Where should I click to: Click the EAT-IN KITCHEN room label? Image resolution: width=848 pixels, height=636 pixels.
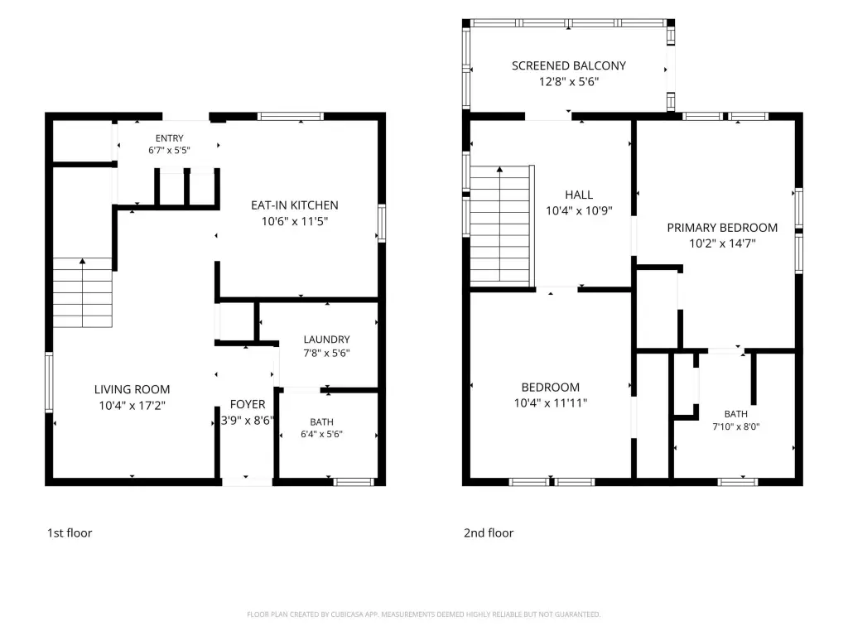tap(294, 205)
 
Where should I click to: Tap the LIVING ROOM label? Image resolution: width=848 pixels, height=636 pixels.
tap(132, 389)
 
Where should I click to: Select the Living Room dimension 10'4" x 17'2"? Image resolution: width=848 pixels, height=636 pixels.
tap(132, 405)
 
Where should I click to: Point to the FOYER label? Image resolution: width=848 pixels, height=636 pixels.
tap(247, 404)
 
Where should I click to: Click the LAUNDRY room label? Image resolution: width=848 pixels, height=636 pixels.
tap(326, 340)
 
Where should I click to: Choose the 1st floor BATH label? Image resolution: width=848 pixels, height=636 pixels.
tap(322, 422)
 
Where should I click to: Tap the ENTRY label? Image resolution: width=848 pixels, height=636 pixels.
tap(169, 138)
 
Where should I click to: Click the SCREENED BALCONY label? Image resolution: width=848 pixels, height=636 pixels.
tap(569, 66)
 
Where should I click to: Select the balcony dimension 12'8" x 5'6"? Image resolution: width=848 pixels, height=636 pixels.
tap(569, 82)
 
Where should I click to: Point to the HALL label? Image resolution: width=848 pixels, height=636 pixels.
tap(579, 195)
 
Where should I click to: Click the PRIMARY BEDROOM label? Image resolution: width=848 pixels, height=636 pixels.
tap(722, 228)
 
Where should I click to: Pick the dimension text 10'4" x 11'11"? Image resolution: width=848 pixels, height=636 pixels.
tap(551, 403)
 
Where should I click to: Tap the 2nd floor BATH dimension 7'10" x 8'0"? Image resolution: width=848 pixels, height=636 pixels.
tap(736, 426)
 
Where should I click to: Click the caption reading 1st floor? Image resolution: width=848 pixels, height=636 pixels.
tap(70, 533)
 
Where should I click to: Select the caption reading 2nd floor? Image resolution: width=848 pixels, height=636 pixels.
tap(489, 533)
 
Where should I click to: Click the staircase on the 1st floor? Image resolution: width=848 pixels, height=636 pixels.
tap(82, 292)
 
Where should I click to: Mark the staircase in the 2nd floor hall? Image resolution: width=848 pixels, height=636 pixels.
tap(501, 225)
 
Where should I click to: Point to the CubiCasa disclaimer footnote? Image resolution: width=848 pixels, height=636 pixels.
tap(423, 614)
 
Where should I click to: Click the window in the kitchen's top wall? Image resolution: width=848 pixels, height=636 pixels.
tap(291, 116)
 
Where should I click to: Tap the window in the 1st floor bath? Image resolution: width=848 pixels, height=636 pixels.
tap(354, 482)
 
